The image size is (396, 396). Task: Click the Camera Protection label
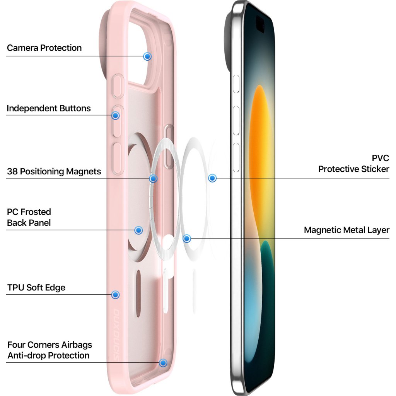pyautogui.click(x=44, y=48)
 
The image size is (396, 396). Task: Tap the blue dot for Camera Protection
pyautogui.click(x=147, y=56)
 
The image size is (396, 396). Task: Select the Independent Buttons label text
pyautogui.click(x=49, y=108)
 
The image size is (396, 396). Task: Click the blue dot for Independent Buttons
pyautogui.click(x=115, y=115)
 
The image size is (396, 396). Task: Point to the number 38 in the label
pyautogui.click(x=12, y=171)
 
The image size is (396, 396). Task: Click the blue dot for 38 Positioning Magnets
pyautogui.click(x=153, y=179)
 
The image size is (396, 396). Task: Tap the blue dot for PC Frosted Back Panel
pyautogui.click(x=138, y=230)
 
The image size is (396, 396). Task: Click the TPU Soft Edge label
pyautogui.click(x=36, y=288)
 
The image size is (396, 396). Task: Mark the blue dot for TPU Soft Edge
pyautogui.click(x=115, y=295)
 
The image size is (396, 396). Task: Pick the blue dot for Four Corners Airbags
pyautogui.click(x=163, y=363)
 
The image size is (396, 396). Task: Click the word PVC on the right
pyautogui.click(x=380, y=158)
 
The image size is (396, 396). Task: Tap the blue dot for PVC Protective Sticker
pyautogui.click(x=212, y=178)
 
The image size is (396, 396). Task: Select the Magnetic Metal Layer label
pyautogui.click(x=346, y=230)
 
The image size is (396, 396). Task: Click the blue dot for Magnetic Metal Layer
pyautogui.click(x=187, y=239)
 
